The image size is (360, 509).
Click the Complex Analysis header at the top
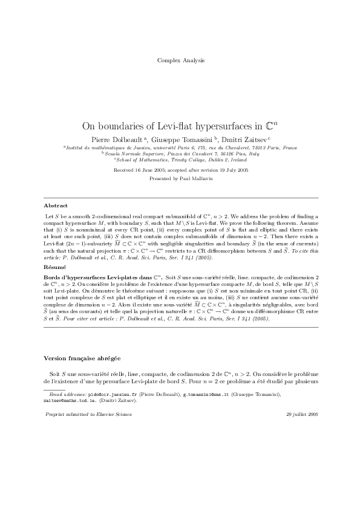[x=180, y=60]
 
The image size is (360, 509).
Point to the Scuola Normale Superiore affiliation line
[x=180, y=154]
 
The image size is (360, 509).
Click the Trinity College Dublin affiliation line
[x=180, y=160]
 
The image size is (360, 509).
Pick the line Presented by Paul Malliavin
[x=180, y=179]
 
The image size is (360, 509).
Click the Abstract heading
[x=56, y=206]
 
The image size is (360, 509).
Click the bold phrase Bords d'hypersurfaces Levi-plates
[x=90, y=276]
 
